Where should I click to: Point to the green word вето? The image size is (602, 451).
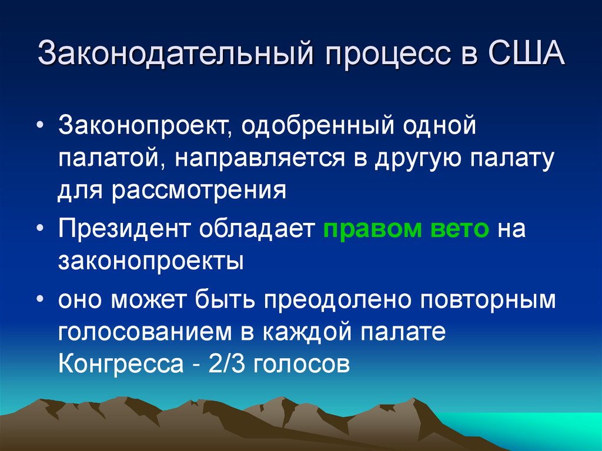tap(460, 229)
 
